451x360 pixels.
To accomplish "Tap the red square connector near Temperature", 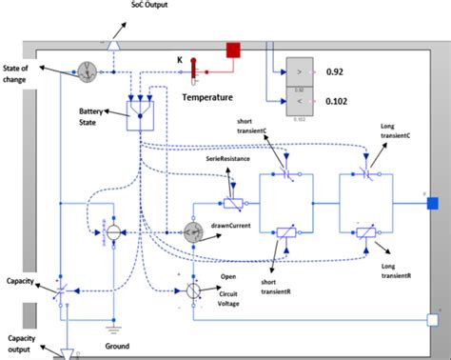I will [231, 50].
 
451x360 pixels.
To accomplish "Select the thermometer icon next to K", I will [193, 67].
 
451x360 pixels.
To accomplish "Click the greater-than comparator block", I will [301, 70].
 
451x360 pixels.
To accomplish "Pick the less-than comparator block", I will [301, 101].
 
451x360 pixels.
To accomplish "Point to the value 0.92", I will [338, 70].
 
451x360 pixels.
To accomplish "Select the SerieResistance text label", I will [227, 160].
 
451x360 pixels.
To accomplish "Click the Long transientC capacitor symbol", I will [369, 174].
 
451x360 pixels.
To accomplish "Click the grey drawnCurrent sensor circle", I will [196, 231].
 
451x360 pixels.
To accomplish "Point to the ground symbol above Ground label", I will [114, 327].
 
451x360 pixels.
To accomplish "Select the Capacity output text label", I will [22, 344].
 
